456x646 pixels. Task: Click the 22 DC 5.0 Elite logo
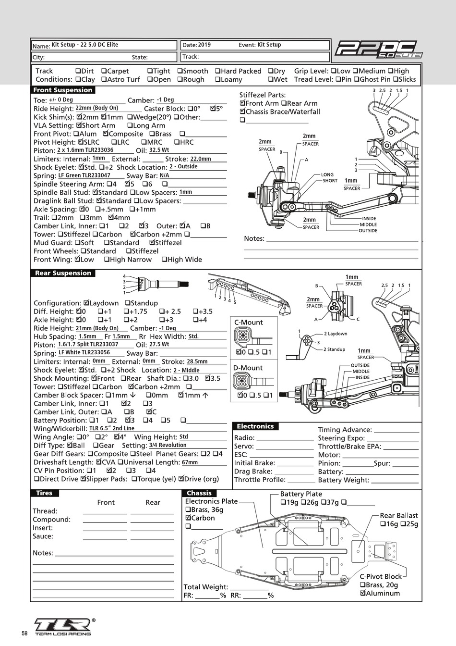click(x=378, y=50)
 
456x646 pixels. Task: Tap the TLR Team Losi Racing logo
click(x=62, y=625)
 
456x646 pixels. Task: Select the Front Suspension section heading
click(x=63, y=90)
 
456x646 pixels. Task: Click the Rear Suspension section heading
click(x=63, y=273)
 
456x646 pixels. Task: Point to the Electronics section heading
click(x=255, y=426)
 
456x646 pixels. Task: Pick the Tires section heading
click(x=44, y=493)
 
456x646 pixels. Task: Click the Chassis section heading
click(x=199, y=493)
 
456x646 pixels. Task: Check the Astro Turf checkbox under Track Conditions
click(x=104, y=80)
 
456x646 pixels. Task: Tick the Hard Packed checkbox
click(x=217, y=71)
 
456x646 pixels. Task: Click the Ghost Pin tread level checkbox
click(x=356, y=80)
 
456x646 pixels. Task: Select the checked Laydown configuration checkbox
click(x=86, y=303)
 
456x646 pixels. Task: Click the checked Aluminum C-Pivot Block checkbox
click(x=363, y=594)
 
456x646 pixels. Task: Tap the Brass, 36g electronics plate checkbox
click(x=188, y=510)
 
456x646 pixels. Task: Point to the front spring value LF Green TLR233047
click(x=84, y=175)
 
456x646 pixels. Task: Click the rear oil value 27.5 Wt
click(x=159, y=345)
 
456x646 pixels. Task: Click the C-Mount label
click(x=248, y=323)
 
